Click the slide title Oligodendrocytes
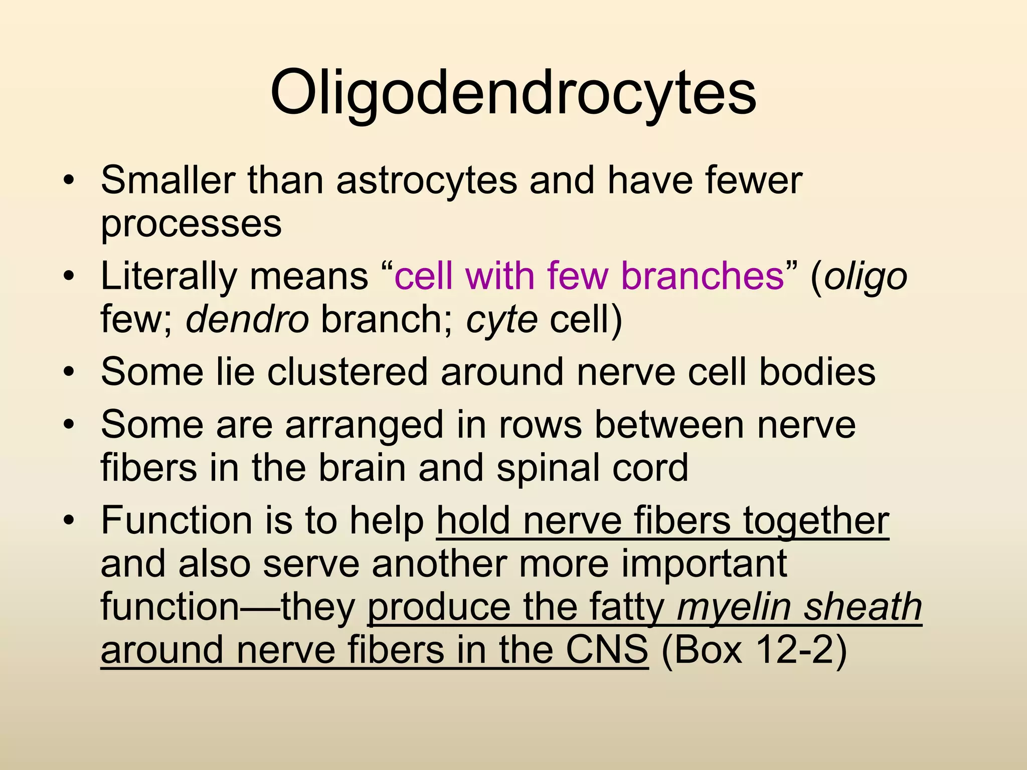click(513, 93)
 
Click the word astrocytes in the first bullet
click(426, 180)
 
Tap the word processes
click(191, 224)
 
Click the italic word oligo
click(866, 277)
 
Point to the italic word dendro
click(247, 320)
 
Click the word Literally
click(168, 276)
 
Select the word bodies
click(817, 372)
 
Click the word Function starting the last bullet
click(176, 521)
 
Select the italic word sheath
click(863, 607)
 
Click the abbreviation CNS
click(606, 650)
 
